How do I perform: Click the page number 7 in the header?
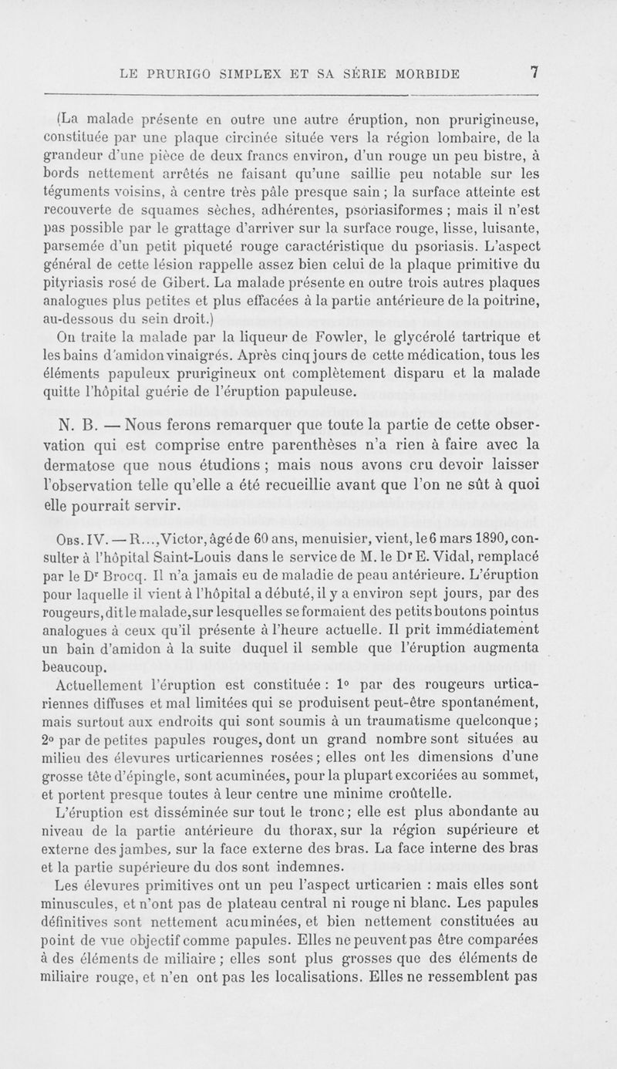pyautogui.click(x=533, y=74)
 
